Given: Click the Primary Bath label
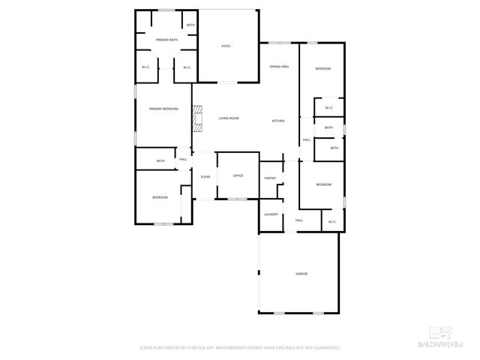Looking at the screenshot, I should coord(166,39).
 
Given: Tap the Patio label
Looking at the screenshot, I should coord(225,46).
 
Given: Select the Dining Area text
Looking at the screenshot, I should coord(280,67).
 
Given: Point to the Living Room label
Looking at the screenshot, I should coord(229,118).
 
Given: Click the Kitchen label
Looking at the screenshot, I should coord(277,121).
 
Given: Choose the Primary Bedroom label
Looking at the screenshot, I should coord(163,109).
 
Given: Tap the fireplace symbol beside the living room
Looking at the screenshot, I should coord(197,119).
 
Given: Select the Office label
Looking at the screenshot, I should coord(238,175).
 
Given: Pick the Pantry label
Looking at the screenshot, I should coord(270,178).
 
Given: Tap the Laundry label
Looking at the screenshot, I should coord(271,214).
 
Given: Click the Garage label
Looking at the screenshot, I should coord(301,274).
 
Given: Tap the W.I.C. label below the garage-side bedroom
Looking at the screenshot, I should coord(331,221).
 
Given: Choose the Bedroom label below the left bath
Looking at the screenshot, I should coord(160,197).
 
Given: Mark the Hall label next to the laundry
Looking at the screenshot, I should coord(298,220).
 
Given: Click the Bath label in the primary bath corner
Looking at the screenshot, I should coord(190,25).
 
